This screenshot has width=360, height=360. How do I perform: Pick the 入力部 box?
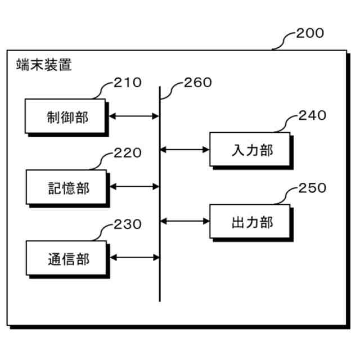coord(250,150)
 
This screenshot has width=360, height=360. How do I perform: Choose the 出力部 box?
coord(250,222)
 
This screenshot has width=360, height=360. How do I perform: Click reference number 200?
coord(310,33)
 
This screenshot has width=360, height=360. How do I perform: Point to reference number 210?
coord(128,83)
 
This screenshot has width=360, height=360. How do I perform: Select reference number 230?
coord(128,224)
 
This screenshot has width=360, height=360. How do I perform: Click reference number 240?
coord(312,116)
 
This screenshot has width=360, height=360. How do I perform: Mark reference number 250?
coord(312,188)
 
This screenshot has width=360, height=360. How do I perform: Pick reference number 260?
coord(198,83)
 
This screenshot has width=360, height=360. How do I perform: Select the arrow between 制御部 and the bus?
coord(133,117)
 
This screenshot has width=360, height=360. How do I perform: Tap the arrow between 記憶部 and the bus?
coord(133,186)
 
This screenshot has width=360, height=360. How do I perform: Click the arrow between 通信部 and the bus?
coord(133,258)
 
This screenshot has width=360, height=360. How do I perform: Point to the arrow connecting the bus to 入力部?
coord(185,150)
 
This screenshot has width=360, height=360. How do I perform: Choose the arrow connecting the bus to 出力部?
coord(185,221)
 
